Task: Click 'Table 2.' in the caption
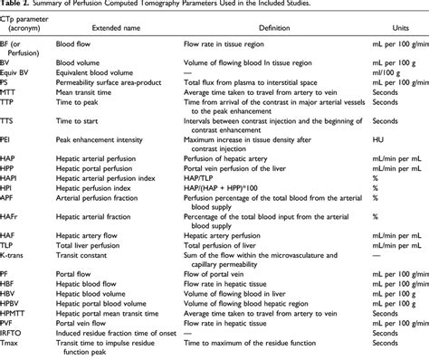[x=17, y=5]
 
